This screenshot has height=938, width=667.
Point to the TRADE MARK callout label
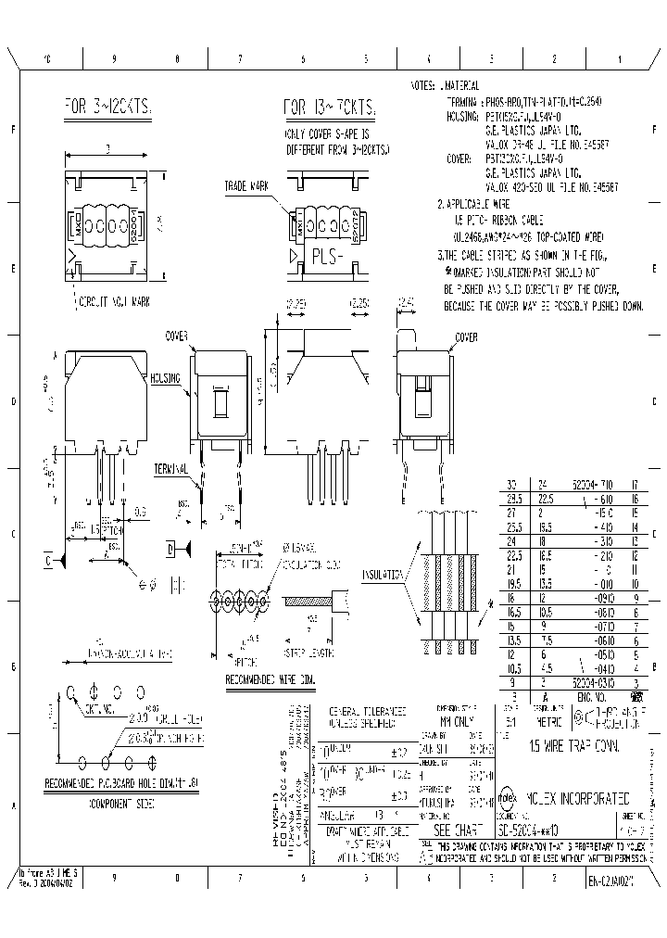[x=245, y=187]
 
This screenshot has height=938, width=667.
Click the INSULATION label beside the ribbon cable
[x=382, y=574]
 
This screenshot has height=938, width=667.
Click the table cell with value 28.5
[x=510, y=497]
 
